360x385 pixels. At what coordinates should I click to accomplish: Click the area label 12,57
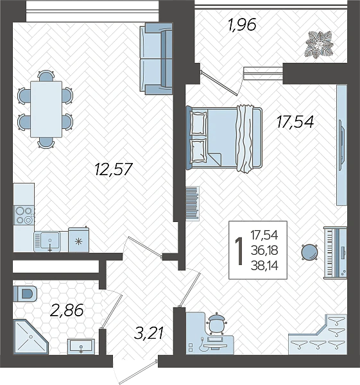[x=114, y=169]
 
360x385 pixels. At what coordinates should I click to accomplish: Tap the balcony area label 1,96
[x=242, y=25]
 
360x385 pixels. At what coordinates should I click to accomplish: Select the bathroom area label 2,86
[x=67, y=310]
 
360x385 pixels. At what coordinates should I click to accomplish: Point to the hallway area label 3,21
[x=149, y=334]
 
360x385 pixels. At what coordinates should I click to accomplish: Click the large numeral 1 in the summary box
[x=239, y=251]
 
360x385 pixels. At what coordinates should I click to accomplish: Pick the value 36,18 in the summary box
[x=264, y=251]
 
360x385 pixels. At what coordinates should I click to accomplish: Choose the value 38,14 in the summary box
[x=264, y=266]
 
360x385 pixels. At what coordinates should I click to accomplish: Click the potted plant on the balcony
[x=319, y=45]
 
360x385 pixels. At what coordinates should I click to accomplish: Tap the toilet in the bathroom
[x=24, y=294]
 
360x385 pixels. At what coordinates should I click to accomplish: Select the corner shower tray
[x=30, y=337]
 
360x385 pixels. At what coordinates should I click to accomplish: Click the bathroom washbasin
[x=81, y=346]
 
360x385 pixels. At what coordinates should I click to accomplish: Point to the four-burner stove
[x=24, y=216]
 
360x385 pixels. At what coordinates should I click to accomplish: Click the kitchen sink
[x=47, y=241]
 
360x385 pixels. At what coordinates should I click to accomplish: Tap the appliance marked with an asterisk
[x=78, y=240]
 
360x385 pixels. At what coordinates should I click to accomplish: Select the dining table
[x=46, y=109]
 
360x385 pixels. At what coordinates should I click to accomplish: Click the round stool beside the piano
[x=310, y=252]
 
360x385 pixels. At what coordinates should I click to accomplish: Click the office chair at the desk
[x=216, y=323]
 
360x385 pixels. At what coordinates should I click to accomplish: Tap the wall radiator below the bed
[x=193, y=203]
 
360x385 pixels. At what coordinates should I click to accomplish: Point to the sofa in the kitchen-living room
[x=156, y=58]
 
